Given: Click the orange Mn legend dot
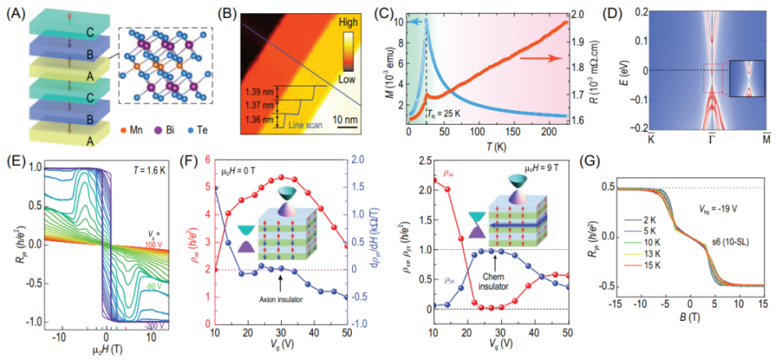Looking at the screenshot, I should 134,128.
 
